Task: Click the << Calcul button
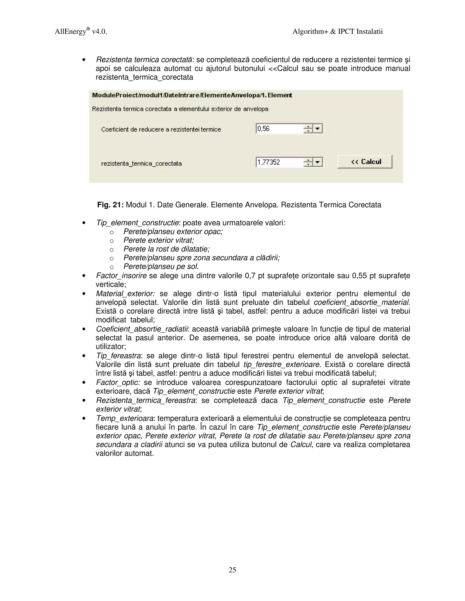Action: (364, 161)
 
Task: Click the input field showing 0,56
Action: (279, 129)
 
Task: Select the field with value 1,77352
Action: (279, 162)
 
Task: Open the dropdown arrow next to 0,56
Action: (318, 129)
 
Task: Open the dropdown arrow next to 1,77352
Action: (318, 162)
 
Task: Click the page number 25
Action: (232, 570)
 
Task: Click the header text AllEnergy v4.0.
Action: (81, 32)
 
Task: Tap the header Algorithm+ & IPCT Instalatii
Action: (337, 32)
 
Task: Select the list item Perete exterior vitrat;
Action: (159, 240)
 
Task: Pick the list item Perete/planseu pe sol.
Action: (161, 266)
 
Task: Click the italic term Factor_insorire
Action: (121, 276)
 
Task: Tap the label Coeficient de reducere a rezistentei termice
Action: (161, 129)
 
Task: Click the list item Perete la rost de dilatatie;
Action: (166, 249)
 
